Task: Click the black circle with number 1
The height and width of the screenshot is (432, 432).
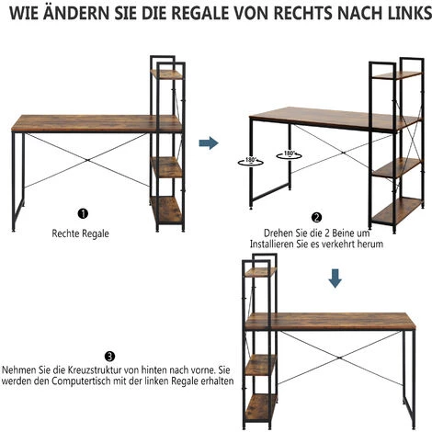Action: [x=83, y=213]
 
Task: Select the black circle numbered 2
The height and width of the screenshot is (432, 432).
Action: [x=316, y=217]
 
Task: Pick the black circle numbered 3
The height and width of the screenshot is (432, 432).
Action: [x=109, y=357]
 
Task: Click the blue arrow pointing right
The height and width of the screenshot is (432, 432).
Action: [x=209, y=142]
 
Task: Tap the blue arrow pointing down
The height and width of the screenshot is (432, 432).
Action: [x=335, y=279]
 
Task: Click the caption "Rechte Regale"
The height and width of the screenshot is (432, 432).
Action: [x=80, y=233]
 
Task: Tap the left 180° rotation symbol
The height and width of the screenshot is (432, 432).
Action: [x=250, y=161]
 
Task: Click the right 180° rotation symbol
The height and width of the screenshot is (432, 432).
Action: [x=289, y=154]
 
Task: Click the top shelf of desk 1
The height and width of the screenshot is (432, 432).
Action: [x=166, y=74]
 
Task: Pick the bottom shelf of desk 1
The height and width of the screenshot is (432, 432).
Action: [x=167, y=210]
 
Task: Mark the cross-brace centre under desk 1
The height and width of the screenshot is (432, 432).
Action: [x=87, y=160]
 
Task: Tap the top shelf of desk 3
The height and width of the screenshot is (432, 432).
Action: [x=261, y=272]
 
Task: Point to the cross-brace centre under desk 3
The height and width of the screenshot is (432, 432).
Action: [x=339, y=358]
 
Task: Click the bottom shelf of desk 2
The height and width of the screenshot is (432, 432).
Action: [x=397, y=210]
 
